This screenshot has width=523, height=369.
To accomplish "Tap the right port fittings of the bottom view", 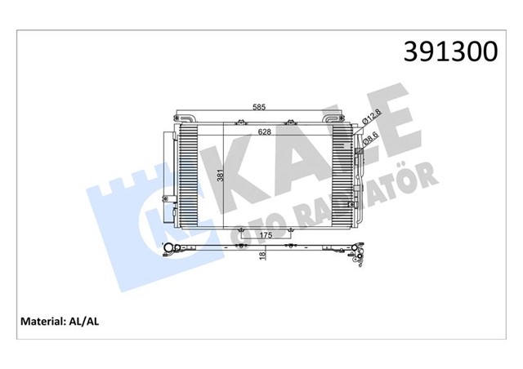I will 359,256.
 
